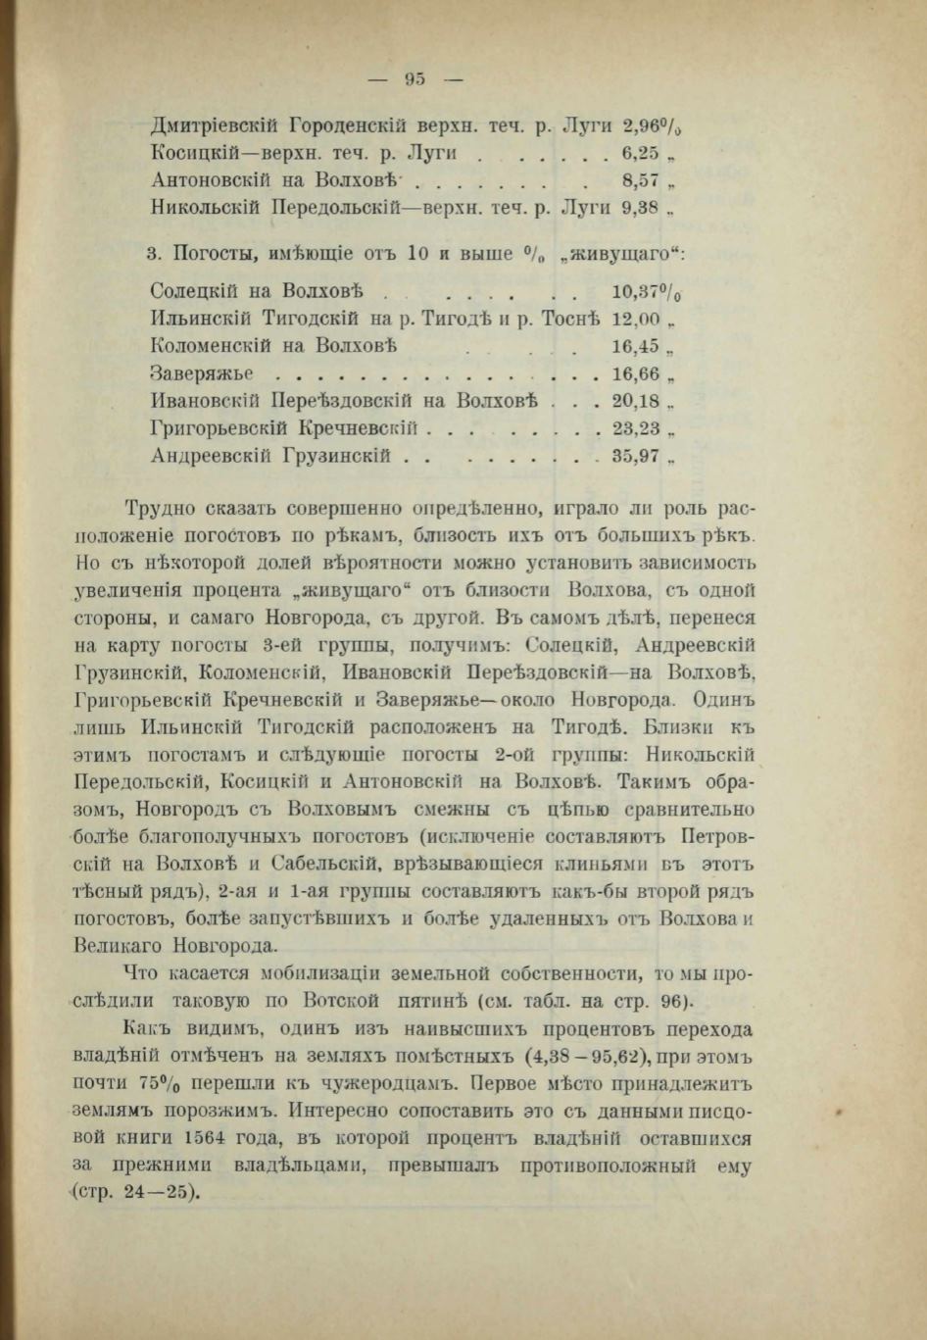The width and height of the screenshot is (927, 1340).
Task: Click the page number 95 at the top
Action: (x=414, y=80)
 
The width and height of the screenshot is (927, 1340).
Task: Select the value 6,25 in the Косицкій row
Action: (x=641, y=153)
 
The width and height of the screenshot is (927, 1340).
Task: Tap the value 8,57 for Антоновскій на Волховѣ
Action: (x=641, y=180)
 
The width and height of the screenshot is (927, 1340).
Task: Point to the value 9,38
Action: (x=641, y=208)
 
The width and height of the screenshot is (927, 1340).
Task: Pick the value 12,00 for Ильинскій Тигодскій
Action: (x=636, y=320)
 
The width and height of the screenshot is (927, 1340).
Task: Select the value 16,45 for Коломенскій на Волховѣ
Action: (x=636, y=346)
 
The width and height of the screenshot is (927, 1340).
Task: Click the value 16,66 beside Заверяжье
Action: (x=636, y=373)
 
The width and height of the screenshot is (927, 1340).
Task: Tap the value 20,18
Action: (x=636, y=401)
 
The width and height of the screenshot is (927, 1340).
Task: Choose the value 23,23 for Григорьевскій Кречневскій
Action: (x=636, y=428)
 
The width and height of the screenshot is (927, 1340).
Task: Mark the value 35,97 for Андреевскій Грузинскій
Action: (x=636, y=456)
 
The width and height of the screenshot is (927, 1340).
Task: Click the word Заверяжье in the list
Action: (x=203, y=373)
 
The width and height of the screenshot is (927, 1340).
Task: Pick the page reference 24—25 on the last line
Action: (x=161, y=1193)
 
